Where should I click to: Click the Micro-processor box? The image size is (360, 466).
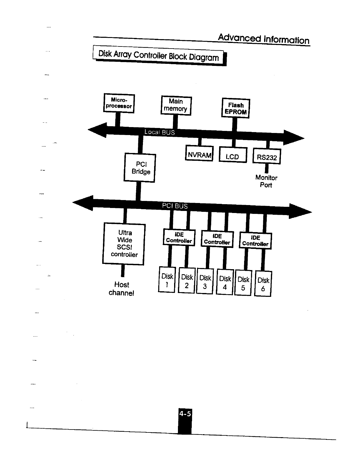click(119, 103)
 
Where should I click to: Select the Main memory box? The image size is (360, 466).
click(176, 105)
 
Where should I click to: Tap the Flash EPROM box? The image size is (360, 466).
click(235, 108)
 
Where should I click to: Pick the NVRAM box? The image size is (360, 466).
click(199, 153)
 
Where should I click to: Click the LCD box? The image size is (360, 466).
click(233, 155)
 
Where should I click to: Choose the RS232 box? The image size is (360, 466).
click(267, 157)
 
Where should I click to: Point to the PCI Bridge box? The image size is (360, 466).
click(140, 168)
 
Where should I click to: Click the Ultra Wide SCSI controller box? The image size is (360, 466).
click(124, 244)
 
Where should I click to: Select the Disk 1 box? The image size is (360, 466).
click(167, 280)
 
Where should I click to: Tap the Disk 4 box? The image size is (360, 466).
click(225, 282)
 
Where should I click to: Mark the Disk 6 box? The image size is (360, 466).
click(263, 284)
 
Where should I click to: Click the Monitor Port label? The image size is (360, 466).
click(266, 181)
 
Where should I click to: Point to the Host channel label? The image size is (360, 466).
click(121, 289)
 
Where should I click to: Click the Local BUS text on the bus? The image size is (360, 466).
click(159, 132)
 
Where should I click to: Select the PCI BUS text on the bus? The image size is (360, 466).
click(175, 206)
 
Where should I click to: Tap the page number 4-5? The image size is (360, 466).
click(185, 414)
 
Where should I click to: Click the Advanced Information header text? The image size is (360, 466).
click(264, 39)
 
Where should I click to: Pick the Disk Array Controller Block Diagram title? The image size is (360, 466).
click(159, 56)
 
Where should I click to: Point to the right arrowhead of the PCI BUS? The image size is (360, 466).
click(300, 211)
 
